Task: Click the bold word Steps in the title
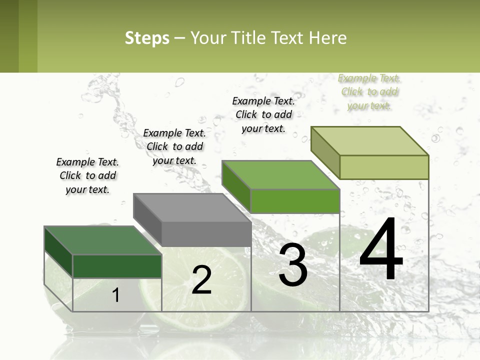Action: click(147, 38)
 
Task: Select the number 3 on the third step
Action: click(293, 265)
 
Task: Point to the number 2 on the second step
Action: click(202, 280)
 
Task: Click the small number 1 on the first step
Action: click(116, 295)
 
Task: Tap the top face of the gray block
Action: click(192, 207)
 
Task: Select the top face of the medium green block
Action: click(280, 175)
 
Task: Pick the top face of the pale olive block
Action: click(369, 141)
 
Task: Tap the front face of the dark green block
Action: click(117, 266)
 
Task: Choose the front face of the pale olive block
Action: click(384, 167)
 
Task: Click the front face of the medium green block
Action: click(295, 201)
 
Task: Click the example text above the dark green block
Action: click(87, 175)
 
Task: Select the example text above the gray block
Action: click(174, 146)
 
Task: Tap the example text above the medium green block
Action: click(263, 114)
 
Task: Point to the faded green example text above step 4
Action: click(369, 91)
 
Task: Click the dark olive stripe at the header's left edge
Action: click(9, 36)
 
